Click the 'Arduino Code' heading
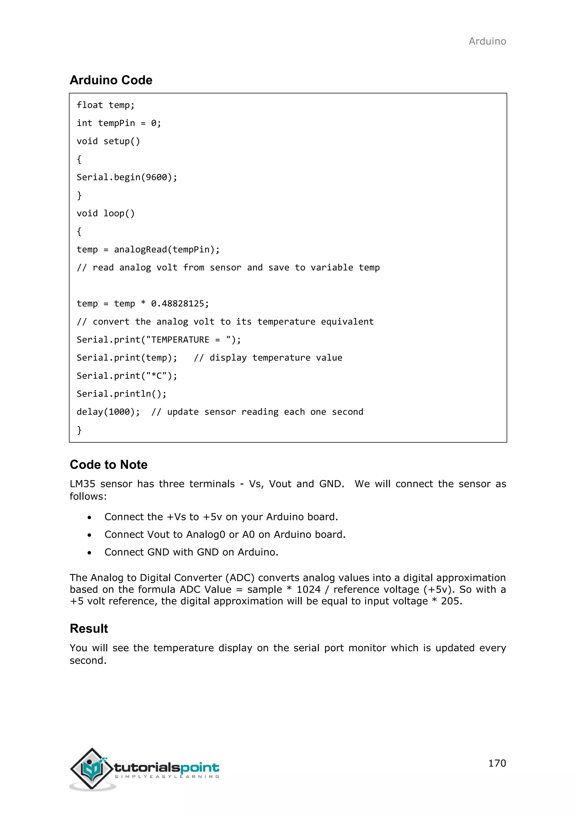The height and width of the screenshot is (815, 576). pos(111,80)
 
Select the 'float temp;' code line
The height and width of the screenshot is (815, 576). pos(105,105)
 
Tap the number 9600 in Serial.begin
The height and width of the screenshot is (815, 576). pos(156,177)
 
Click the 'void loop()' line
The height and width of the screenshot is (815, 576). pos(105,213)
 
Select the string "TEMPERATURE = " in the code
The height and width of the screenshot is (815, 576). pos(188,340)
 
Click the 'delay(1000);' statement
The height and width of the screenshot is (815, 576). pos(108,412)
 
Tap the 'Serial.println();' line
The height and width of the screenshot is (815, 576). pos(121,394)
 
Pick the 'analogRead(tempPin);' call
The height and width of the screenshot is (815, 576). pos(167,250)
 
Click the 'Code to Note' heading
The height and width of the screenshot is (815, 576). pos(109,465)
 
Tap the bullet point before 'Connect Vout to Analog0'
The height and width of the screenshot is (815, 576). pos(89,535)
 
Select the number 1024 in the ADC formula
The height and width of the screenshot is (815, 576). pos(308,590)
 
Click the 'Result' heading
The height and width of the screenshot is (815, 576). pos(89,629)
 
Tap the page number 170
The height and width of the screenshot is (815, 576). pos(497,763)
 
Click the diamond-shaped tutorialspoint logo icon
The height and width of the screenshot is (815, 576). pos(92,769)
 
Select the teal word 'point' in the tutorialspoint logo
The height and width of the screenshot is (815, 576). pos(200,768)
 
